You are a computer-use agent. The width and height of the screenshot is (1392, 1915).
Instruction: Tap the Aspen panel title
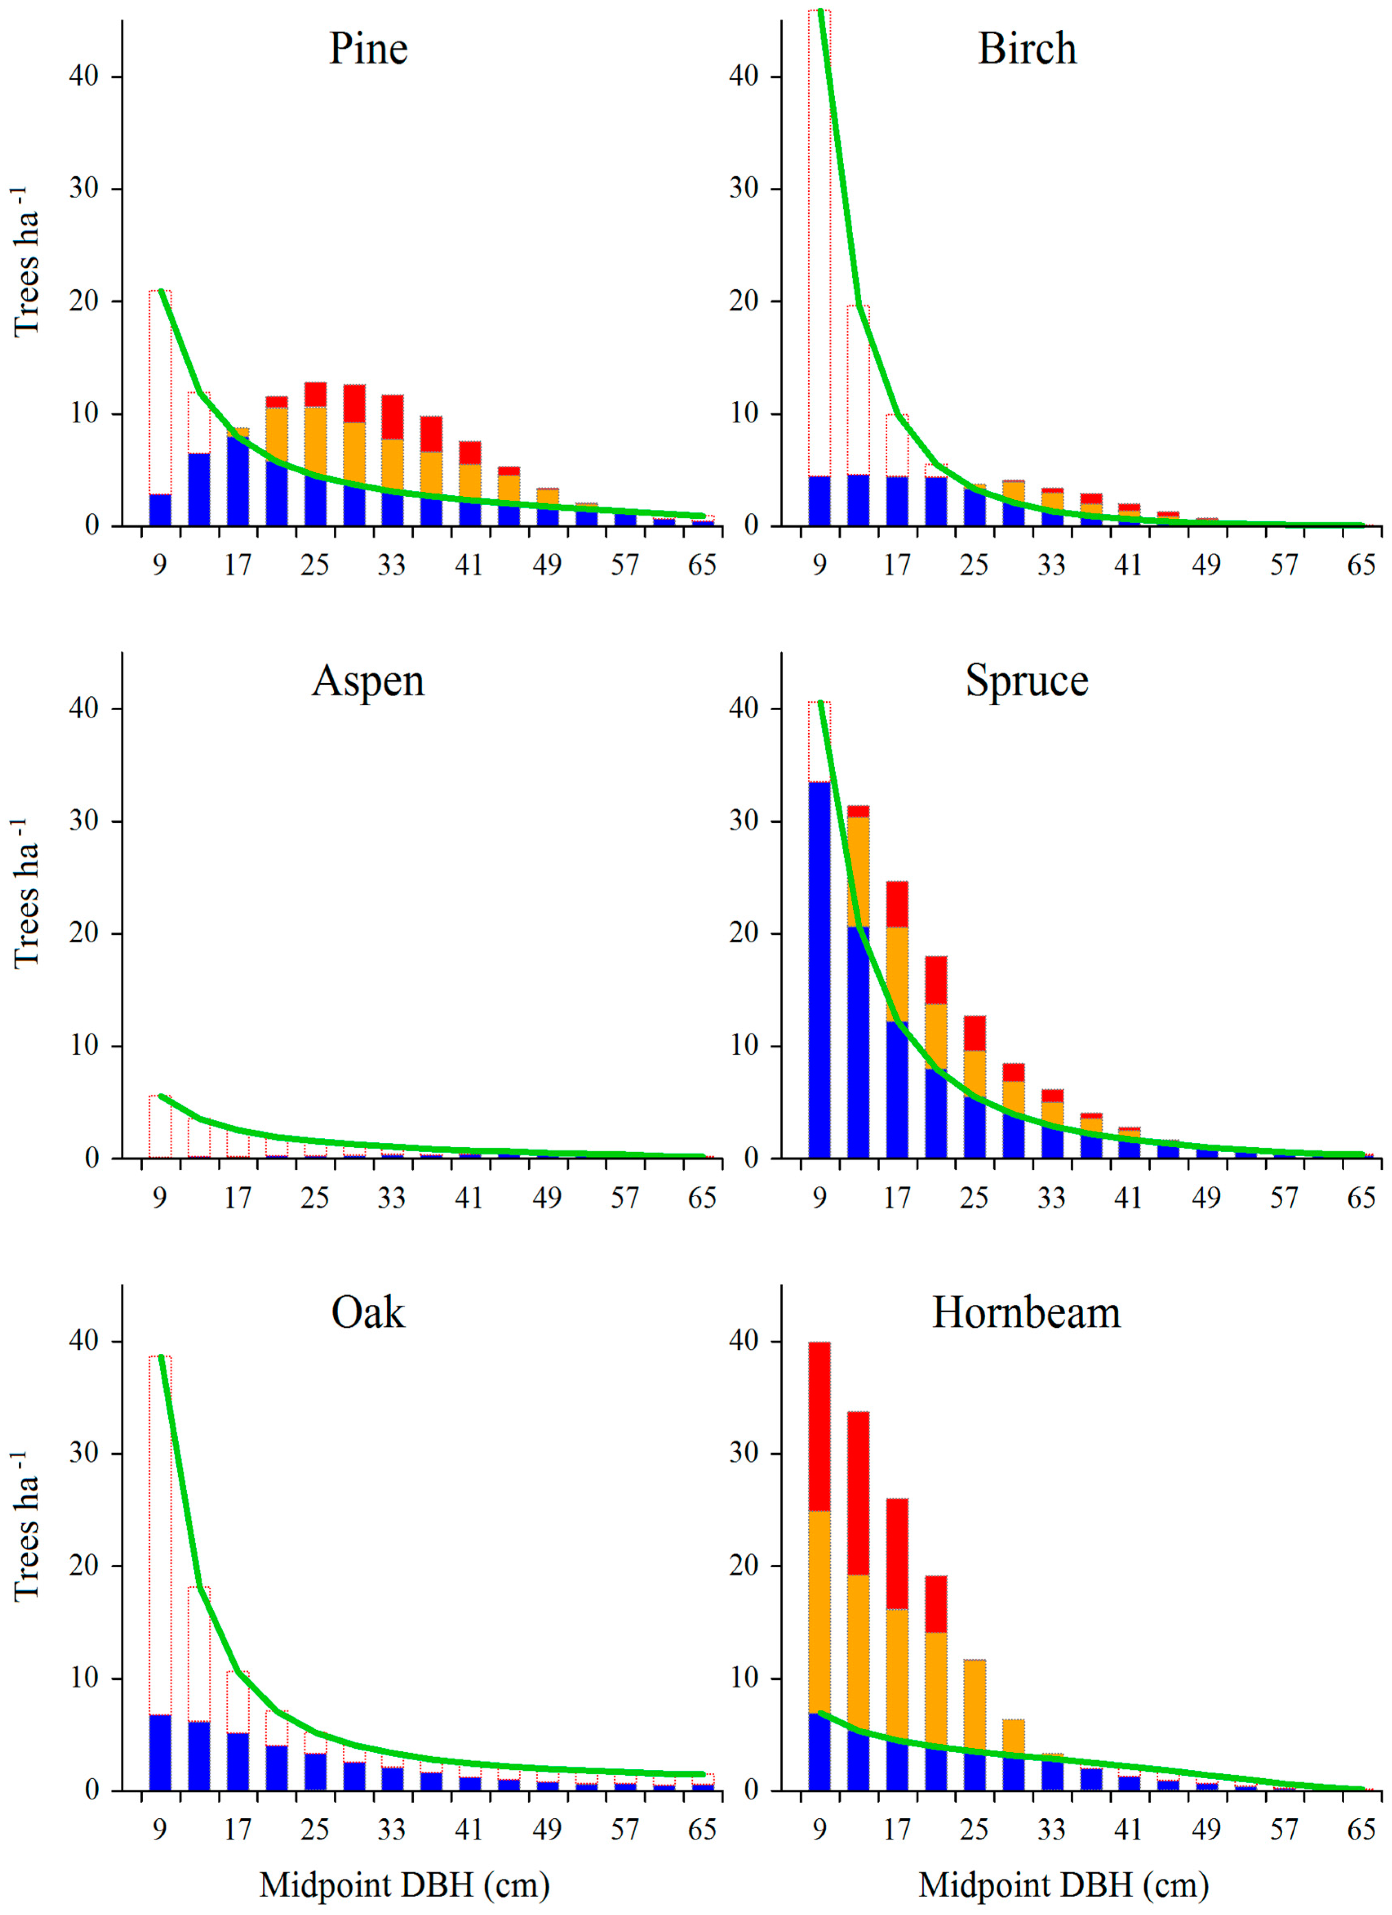(x=368, y=680)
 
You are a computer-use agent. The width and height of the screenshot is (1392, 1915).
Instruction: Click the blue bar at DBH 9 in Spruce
(x=819, y=971)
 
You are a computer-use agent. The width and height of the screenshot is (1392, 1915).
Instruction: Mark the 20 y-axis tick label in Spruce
(x=744, y=934)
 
